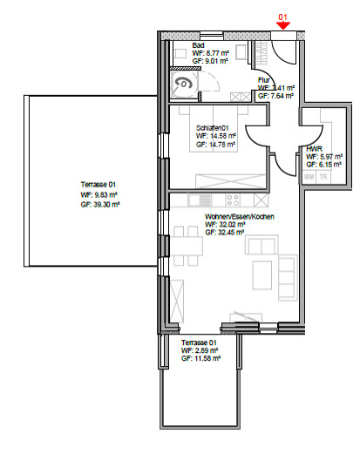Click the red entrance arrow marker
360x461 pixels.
282,26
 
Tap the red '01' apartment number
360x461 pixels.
282,16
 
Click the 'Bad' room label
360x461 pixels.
198,45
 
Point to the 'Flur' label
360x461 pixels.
263,80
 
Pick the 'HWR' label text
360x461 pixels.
313,150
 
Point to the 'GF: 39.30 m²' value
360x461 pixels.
99,203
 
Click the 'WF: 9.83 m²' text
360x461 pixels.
98,195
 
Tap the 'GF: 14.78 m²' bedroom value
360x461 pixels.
214,144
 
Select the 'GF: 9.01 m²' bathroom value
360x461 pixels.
209,61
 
